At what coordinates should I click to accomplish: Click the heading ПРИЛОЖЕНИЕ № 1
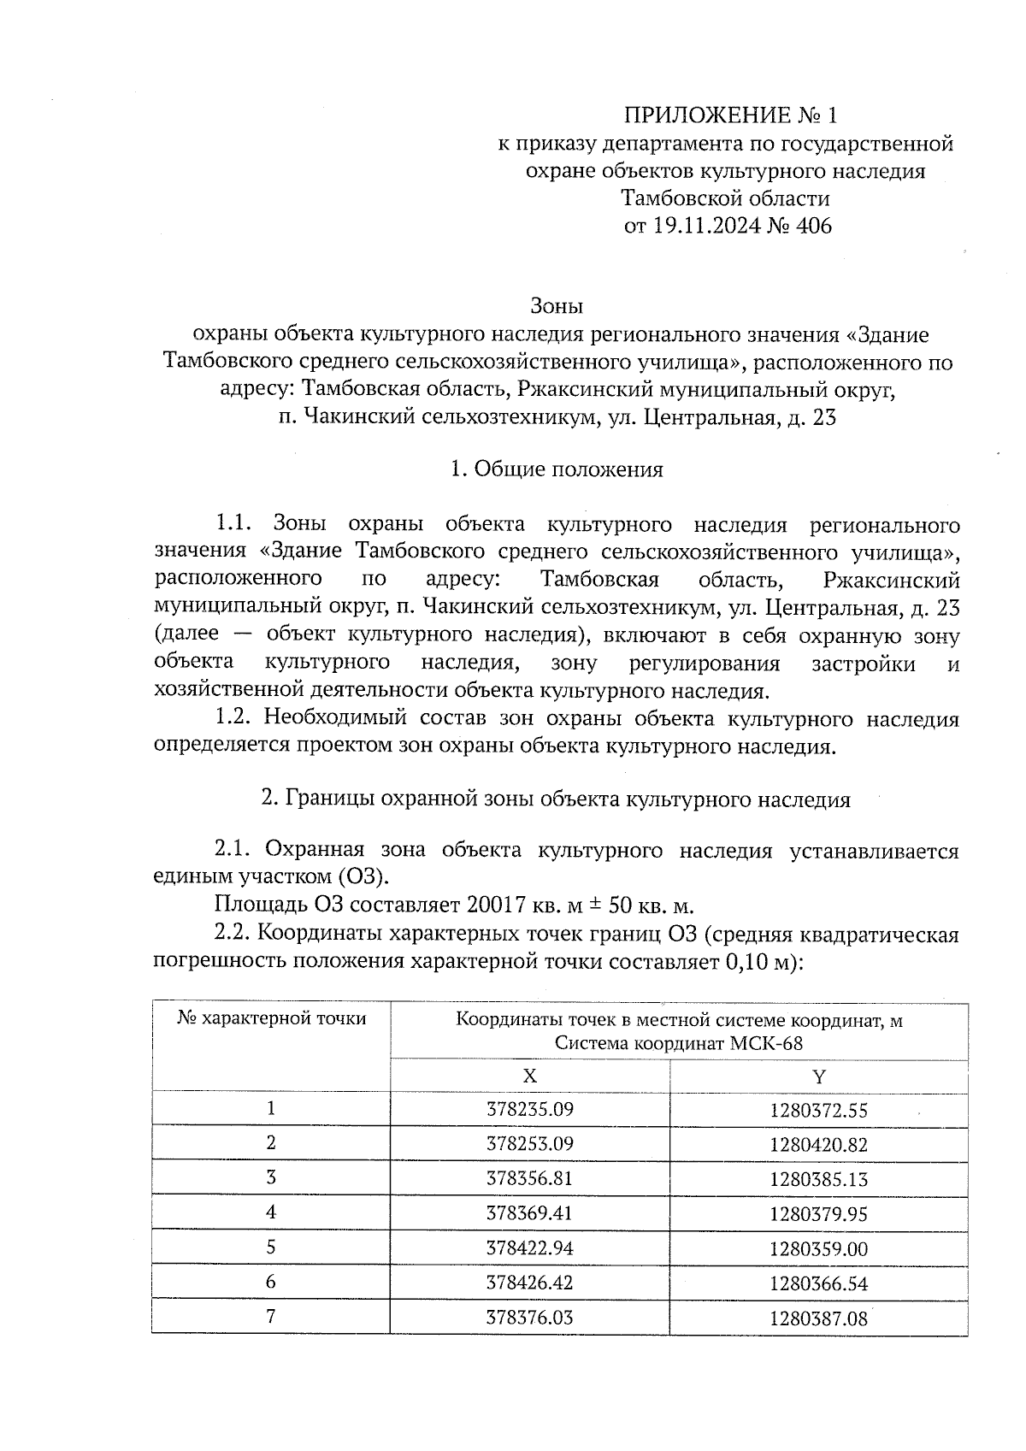[x=726, y=115]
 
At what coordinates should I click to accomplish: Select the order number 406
[x=813, y=227]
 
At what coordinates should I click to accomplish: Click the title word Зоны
[x=557, y=305]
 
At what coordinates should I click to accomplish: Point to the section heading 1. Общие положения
[x=557, y=469]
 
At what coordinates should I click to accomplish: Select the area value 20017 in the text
[x=496, y=905]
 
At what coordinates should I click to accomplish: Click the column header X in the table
[x=530, y=1076]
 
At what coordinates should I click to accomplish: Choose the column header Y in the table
[x=819, y=1076]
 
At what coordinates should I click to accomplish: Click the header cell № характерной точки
[x=272, y=1018]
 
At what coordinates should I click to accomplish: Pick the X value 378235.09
[x=530, y=1110]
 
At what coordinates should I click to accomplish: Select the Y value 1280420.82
[x=819, y=1145]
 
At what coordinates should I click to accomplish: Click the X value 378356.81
[x=530, y=1179]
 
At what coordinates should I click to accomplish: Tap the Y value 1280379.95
[x=819, y=1214]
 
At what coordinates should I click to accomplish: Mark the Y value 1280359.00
[x=819, y=1249]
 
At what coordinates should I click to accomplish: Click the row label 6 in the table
[x=271, y=1283]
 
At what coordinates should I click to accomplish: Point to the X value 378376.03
[x=530, y=1318]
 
